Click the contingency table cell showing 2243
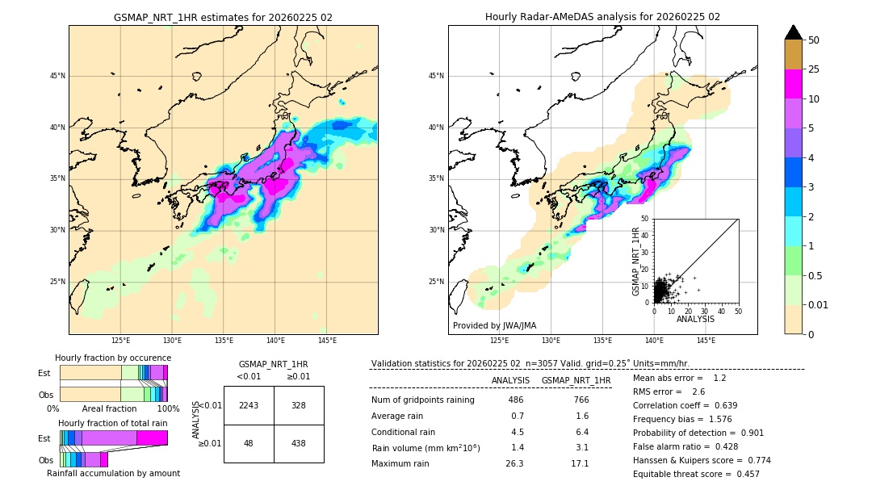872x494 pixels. click(x=249, y=405)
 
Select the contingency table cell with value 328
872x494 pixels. click(x=299, y=405)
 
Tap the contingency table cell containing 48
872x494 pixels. click(x=249, y=443)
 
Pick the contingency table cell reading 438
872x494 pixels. click(x=299, y=443)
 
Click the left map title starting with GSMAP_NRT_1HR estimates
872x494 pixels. click(x=223, y=17)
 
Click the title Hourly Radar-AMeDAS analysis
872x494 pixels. click(x=602, y=17)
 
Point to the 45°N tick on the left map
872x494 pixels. click(x=57, y=76)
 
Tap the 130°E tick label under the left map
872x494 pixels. click(x=172, y=341)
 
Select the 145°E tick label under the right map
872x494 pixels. click(x=706, y=341)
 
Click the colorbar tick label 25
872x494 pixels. click(x=814, y=69)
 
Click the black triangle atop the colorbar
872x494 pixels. click(x=794, y=32)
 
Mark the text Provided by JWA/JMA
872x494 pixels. click(x=494, y=325)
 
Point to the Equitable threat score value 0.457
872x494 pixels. click(x=743, y=474)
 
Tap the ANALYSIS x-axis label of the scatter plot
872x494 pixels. click(x=695, y=319)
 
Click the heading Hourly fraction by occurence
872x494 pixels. click(x=113, y=358)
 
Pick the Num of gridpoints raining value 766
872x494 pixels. click(x=581, y=400)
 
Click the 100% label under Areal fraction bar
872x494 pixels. click(x=168, y=408)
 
